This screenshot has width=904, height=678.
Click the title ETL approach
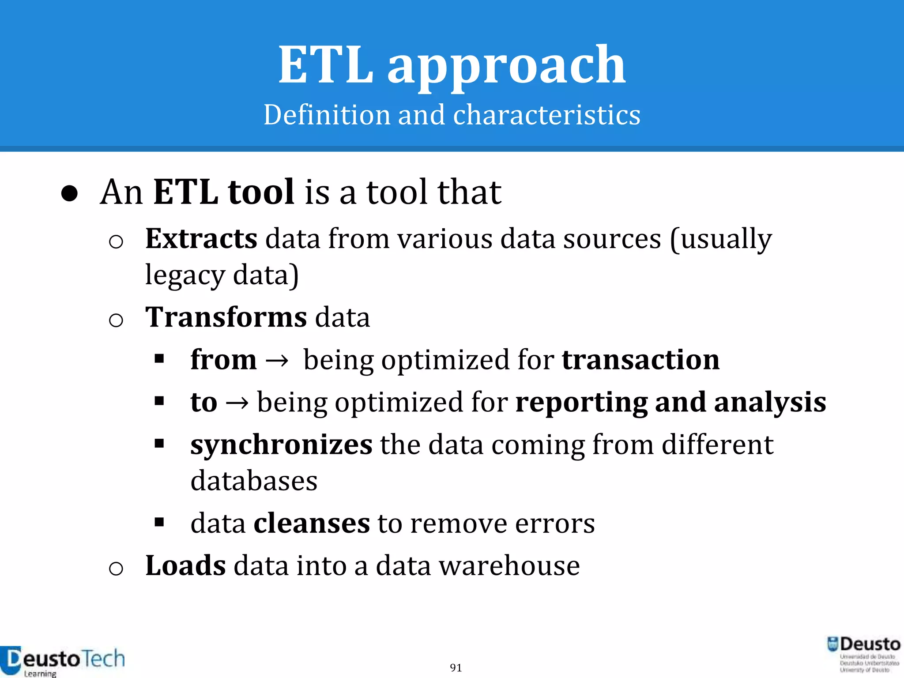point(452,65)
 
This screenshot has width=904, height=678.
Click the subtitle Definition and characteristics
point(452,115)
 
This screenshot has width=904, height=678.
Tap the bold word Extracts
point(201,239)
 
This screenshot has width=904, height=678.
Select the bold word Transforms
point(226,317)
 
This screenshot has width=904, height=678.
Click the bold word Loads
point(185,566)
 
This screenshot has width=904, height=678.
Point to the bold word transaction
point(640,360)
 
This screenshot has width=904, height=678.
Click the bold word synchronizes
point(281,444)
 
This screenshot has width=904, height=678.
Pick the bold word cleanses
point(312,524)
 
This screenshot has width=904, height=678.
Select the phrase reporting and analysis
point(670,402)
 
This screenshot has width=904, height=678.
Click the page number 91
point(456,667)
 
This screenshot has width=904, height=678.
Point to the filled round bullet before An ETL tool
point(70,193)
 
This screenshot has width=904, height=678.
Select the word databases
point(254,481)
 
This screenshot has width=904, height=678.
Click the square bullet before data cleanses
point(159,523)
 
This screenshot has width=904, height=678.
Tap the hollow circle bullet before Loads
point(116,568)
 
